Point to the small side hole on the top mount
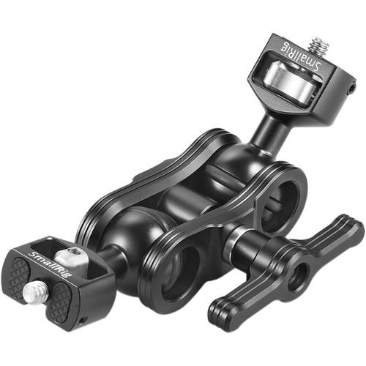[352, 87]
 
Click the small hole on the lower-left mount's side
[82, 319]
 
